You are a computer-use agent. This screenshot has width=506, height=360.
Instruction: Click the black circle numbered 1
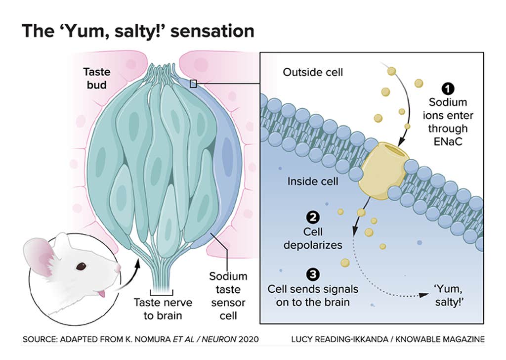pos(448,89)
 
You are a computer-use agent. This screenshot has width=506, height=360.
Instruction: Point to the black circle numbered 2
pos(312,217)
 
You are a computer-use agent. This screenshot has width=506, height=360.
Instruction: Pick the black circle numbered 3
pos(312,273)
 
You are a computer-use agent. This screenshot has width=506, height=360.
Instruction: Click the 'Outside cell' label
pos(312,73)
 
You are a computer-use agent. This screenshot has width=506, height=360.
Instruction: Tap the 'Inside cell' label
pos(313,181)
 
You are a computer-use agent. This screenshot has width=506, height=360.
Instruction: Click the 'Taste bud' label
pos(97,78)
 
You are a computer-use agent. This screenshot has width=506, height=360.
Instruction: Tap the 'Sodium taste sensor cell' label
pos(228,295)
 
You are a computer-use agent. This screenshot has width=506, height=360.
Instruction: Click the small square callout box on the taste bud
pos(194,84)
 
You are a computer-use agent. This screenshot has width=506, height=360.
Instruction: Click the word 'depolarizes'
pos(312,244)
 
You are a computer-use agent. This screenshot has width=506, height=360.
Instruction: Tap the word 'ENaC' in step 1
pos(448,141)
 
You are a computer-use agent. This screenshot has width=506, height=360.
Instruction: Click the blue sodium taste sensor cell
pos(225,158)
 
